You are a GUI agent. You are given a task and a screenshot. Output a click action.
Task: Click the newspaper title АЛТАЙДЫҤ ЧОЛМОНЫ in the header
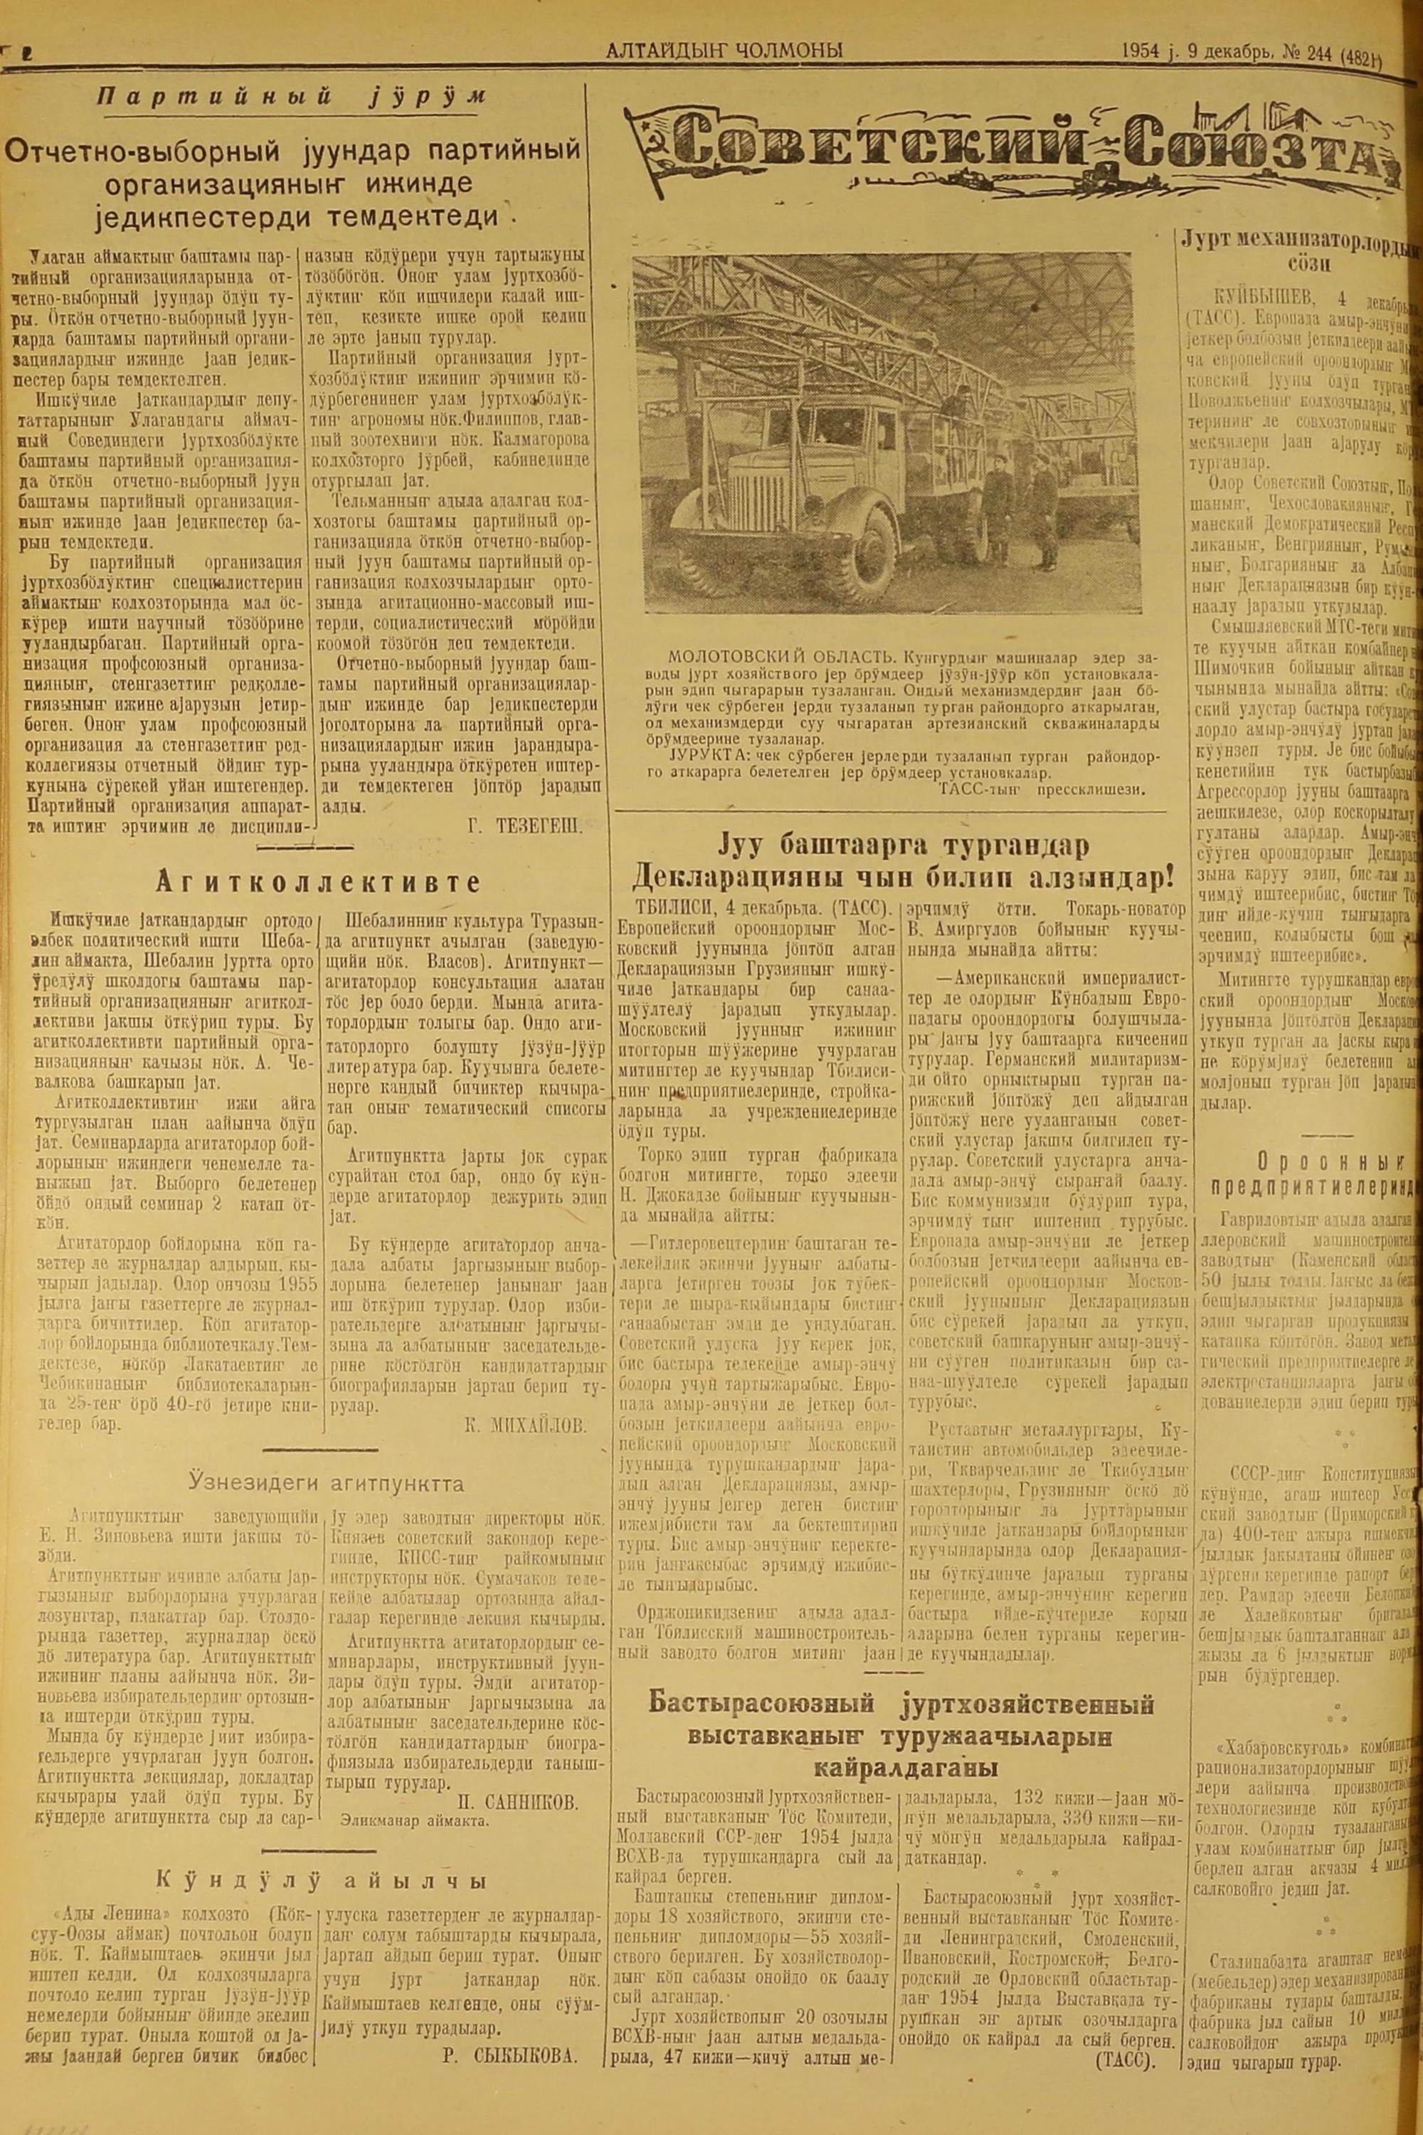724,52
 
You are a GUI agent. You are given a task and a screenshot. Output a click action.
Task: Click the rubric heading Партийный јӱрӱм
293,99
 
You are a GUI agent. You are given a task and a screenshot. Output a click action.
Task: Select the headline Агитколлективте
317,882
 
